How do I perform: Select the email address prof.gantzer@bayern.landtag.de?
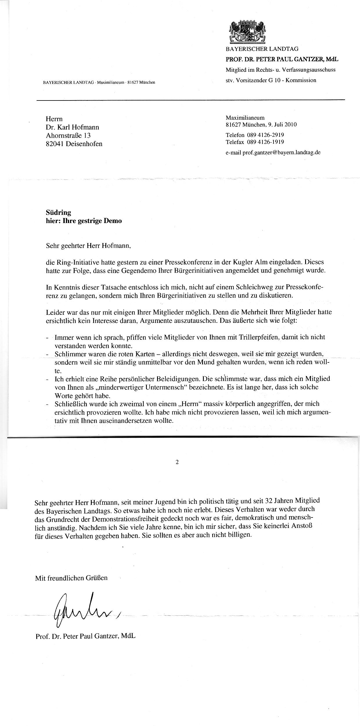tap(281, 152)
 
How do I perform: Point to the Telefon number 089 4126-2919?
tap(265, 135)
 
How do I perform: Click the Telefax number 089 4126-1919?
tap(265, 142)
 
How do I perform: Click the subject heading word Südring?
tap(58, 213)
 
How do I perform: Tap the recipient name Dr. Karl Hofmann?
tap(73, 127)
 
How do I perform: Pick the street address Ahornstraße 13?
tap(69, 135)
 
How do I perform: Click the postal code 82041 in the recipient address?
tap(55, 144)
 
